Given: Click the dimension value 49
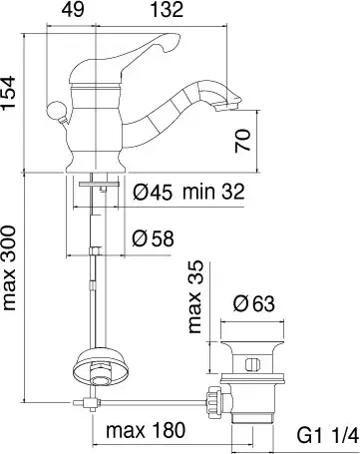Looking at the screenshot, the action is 72,9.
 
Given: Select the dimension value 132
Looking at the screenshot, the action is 167,9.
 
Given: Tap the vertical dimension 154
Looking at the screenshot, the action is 8,92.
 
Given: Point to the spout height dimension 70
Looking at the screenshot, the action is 242,141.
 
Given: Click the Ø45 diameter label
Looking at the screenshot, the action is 153,192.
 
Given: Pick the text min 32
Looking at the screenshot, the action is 213,192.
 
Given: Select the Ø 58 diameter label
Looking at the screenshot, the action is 153,238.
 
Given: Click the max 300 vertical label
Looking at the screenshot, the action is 9,267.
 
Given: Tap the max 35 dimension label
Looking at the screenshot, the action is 194,296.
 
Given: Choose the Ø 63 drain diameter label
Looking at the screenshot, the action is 254,303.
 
